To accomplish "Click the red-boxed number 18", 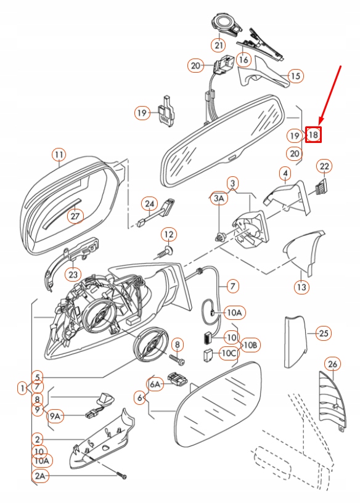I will (313, 134).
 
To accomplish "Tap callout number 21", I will (219, 44).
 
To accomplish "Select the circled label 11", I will (59, 155).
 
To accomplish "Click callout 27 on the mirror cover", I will (75, 216).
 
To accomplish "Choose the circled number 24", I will (149, 203).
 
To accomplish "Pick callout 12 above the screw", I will (169, 234).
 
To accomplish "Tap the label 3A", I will (219, 198).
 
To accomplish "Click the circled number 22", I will (324, 166).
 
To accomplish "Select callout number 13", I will (301, 287).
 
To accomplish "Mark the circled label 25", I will (324, 333).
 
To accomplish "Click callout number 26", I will (332, 365).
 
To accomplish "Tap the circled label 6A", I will (154, 384).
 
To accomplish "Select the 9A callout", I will (56, 417).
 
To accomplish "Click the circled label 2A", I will (41, 476).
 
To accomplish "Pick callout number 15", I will (296, 76).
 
